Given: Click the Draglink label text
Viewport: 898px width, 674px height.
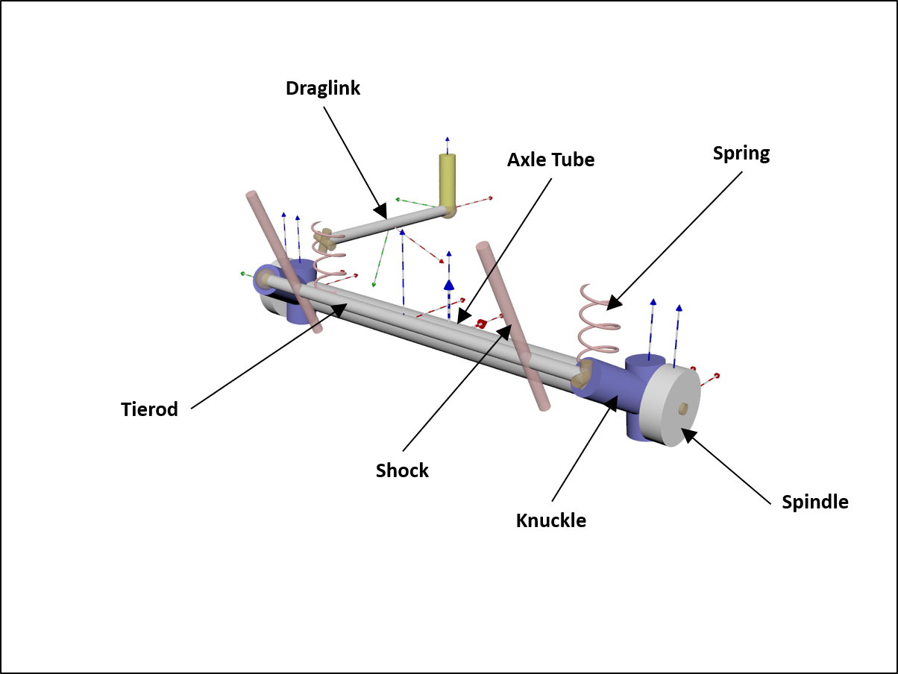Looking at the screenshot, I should pos(322,89).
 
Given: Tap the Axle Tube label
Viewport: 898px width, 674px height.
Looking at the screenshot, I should pos(550,160).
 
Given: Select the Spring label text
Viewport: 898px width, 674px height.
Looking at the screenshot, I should pos(741,154).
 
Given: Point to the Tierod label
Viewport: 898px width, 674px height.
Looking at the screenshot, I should pos(149,409).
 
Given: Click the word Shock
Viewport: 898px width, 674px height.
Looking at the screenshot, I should pos(402,470).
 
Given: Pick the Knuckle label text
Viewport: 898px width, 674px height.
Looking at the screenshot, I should pos(550,520).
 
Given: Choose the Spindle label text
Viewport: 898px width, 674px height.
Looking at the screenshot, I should pos(814,502).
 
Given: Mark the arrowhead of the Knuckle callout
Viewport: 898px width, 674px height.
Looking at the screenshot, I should pos(612,404).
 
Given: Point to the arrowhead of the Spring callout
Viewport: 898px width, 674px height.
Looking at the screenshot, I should pos(612,302).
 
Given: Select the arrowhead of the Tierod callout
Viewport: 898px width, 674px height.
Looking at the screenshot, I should pos(340,309).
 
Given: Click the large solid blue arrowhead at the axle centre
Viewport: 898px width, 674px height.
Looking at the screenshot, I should pos(449,284).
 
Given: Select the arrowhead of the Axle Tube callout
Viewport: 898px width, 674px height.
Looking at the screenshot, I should pos(462,317).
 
